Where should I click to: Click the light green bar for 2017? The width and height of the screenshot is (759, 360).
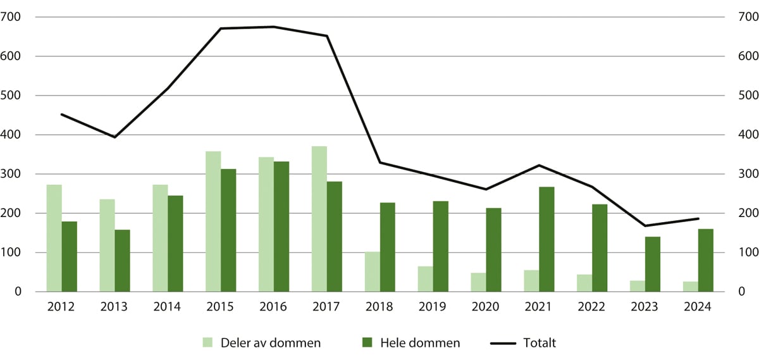coord(319,219)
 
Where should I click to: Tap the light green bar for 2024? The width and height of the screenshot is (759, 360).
coord(691,287)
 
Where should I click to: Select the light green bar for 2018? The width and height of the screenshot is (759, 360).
coord(373,272)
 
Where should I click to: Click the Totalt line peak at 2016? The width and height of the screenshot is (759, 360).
coord(274,27)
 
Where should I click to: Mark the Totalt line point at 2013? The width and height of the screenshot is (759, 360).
coord(114,137)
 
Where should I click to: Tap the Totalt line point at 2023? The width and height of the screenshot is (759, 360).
coord(645,226)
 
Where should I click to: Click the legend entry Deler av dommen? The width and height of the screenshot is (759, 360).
coord(262,343)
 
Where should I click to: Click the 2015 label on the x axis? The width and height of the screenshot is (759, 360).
coord(221,307)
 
